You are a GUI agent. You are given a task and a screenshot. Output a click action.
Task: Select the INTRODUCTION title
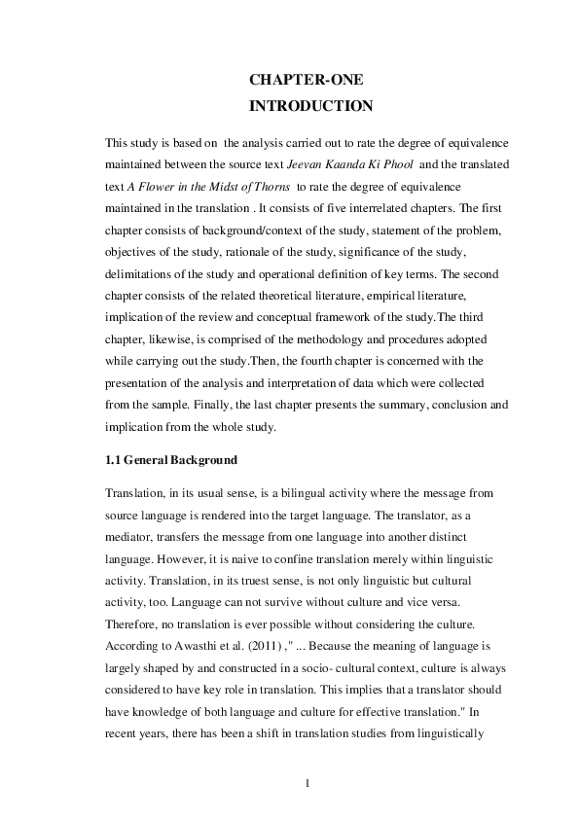pos(310,106)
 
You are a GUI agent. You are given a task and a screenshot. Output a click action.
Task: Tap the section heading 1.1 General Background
pos(171,459)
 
